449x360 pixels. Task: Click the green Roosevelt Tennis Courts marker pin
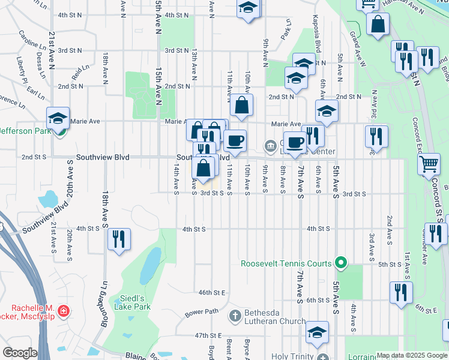(341, 263)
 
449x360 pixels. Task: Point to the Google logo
(20, 353)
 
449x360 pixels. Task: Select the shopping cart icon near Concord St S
(429, 164)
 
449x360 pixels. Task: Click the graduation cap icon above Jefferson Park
(58, 118)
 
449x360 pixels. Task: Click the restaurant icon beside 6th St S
(400, 292)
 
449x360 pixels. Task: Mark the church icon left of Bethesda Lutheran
(235, 315)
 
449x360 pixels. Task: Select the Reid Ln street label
(77, 74)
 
